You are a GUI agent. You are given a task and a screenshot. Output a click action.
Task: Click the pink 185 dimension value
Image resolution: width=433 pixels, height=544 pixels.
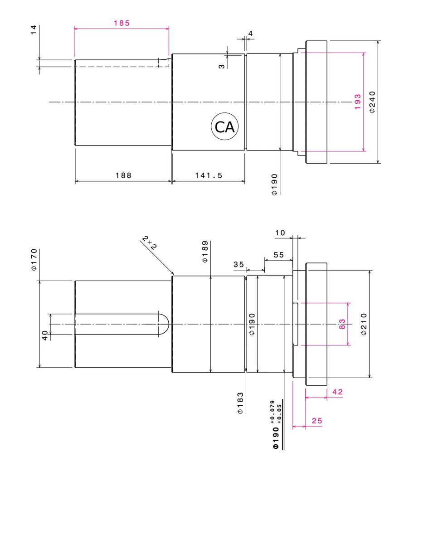[122, 23]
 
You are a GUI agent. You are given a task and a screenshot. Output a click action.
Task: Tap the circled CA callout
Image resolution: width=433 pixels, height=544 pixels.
[224, 127]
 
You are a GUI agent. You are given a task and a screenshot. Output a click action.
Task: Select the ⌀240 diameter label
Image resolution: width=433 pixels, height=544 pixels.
[372, 102]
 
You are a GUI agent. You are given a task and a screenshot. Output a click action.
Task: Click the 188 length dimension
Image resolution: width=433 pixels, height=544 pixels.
[123, 175]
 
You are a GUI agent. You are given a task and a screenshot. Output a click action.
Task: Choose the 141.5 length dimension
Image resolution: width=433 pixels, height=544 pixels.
[209, 175]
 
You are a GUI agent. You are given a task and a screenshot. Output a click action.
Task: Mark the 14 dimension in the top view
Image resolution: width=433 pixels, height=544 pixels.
[34, 30]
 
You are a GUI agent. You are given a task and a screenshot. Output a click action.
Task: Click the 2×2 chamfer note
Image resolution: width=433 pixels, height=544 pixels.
[150, 243]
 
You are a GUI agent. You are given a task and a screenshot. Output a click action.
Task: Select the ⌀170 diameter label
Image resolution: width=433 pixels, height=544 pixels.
[34, 260]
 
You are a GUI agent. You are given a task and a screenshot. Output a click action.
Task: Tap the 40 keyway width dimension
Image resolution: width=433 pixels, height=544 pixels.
[45, 335]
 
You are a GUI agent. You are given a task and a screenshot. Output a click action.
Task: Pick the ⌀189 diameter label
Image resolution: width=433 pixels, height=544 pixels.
[205, 252]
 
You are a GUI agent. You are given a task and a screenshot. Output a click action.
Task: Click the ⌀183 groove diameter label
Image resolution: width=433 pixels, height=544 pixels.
[240, 403]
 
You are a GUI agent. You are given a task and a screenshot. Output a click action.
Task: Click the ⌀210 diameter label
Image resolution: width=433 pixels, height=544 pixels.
[364, 324]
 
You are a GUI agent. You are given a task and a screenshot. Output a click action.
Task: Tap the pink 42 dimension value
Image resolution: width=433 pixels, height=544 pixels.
[337, 392]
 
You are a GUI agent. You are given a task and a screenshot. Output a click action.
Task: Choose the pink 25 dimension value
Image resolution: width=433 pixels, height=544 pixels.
[317, 421]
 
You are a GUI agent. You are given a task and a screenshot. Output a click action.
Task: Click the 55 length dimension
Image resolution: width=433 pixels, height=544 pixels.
[278, 255]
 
